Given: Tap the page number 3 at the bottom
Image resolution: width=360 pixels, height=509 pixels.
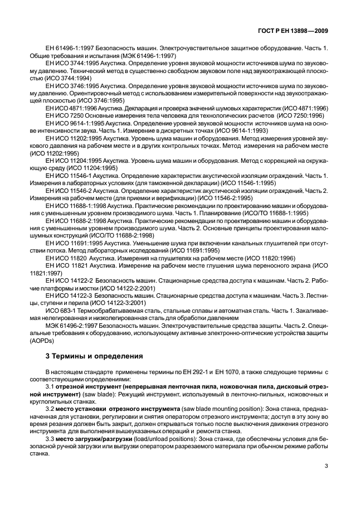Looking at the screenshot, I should pyautogui.click(x=327, y=468).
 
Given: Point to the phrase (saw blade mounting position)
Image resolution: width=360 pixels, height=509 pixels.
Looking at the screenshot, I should pyautogui.click(x=231, y=408).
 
